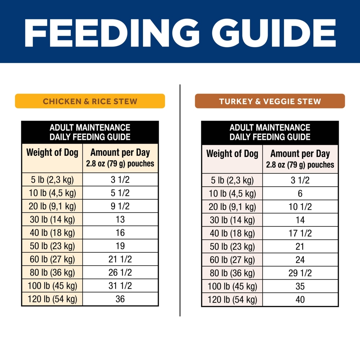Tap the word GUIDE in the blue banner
[273, 33]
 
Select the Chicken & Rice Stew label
[90, 101]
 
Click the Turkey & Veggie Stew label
[270, 101]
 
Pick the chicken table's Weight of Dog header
[52, 153]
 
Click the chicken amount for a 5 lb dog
[120, 180]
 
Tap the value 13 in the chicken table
[120, 220]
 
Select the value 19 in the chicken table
[120, 246]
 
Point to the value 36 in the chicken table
[120, 299]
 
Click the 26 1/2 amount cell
[120, 272]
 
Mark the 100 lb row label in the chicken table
[52, 286]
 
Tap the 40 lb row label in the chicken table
[52, 233]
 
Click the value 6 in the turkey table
[300, 193]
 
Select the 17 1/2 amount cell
[300, 233]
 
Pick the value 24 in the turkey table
[300, 260]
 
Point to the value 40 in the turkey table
[300, 300]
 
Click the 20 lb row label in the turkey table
[232, 207]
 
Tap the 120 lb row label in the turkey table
[232, 300]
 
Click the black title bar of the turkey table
[270, 132]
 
